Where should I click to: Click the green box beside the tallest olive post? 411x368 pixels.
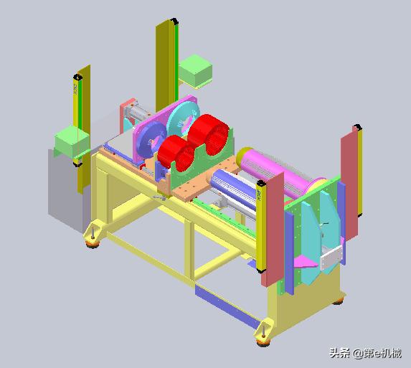[195, 70]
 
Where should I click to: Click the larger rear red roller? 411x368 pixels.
[209, 134]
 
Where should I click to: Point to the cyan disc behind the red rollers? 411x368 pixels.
[182, 121]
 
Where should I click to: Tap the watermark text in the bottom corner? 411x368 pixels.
[365, 353]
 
